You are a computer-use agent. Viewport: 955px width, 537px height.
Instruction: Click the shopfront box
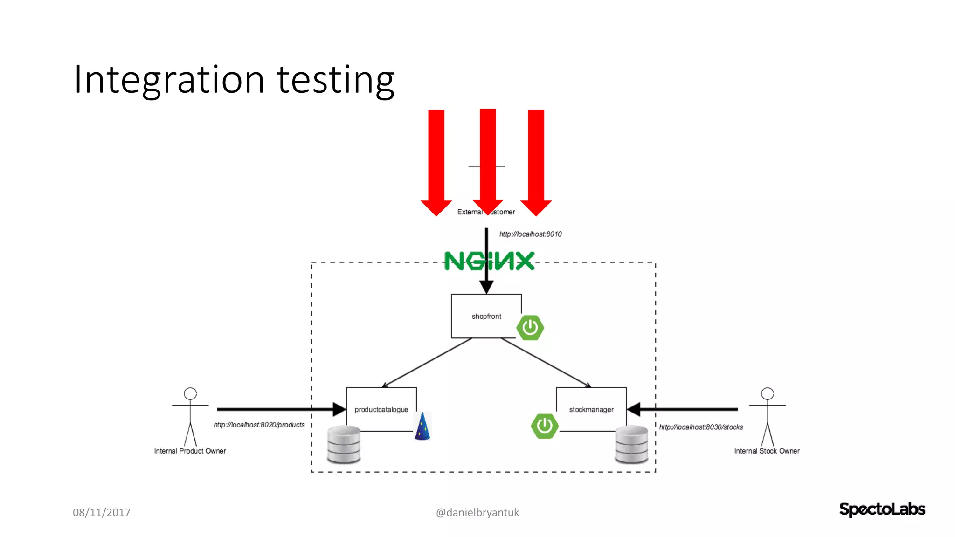[486, 316]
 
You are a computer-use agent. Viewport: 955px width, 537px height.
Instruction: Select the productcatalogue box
[381, 409]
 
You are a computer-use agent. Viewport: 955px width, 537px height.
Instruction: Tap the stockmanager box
[591, 409]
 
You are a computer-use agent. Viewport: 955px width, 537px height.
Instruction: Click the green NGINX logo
[489, 261]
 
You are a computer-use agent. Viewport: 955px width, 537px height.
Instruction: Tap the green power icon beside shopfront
[530, 328]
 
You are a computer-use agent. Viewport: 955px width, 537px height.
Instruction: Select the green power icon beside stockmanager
[545, 426]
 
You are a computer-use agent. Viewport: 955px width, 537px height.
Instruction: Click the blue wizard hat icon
[422, 427]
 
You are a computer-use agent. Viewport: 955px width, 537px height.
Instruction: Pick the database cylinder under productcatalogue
[344, 445]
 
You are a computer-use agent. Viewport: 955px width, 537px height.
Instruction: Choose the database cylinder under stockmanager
[631, 445]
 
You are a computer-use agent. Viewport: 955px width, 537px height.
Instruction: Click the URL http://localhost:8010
[530, 234]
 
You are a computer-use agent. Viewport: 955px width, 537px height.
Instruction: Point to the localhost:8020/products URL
[259, 425]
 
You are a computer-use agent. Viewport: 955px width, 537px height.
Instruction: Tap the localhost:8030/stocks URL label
[701, 427]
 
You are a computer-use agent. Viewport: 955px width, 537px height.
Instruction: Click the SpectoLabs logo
[882, 509]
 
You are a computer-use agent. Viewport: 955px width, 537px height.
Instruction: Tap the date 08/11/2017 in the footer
[102, 512]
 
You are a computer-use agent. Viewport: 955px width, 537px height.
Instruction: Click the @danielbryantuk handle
[477, 512]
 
